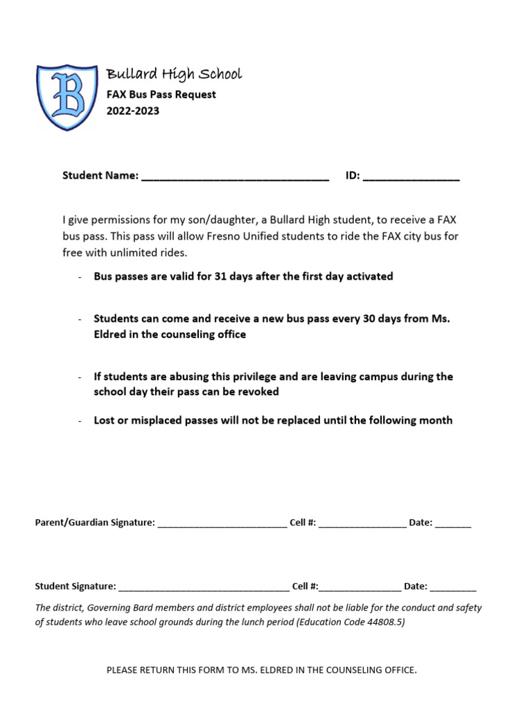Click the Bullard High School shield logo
coord(68,97)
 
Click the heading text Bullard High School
coord(173,74)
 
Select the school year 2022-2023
coord(132,111)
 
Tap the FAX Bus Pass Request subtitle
coord(161,94)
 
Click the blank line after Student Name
coord(235,179)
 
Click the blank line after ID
coord(411,179)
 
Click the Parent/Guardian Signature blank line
coord(222,526)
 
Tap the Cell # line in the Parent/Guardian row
coord(362,526)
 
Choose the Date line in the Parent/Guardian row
coord(454,526)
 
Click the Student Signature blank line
coord(204,589)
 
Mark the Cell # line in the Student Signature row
coord(360,589)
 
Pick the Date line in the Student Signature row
coord(453,589)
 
